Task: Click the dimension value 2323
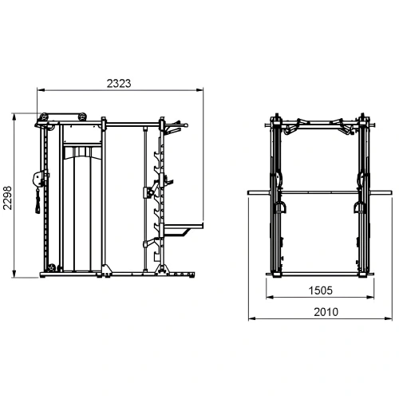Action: [x=117, y=81]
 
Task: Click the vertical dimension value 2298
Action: [x=7, y=195]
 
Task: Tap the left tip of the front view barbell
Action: [x=249, y=192]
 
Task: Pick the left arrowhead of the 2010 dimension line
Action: [x=250, y=318]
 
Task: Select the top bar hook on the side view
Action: [x=172, y=124]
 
